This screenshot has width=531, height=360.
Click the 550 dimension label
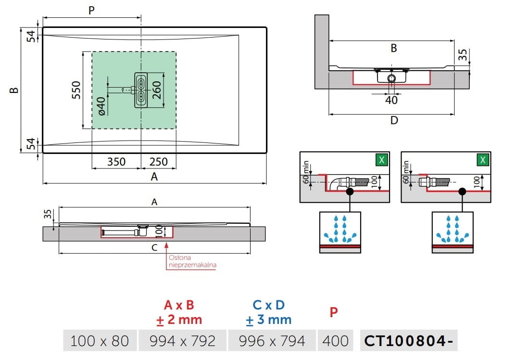pos(76,90)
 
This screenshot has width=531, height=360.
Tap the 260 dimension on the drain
pos(157,90)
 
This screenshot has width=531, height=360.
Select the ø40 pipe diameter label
pos(101,106)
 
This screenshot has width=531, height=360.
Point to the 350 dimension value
pos(116,162)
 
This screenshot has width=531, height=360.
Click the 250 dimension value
pos(159,162)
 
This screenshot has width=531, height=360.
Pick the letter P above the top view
pos(91,11)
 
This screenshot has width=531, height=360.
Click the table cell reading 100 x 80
pos(100,341)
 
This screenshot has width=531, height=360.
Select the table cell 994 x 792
pos(183,341)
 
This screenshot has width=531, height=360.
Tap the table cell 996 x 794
pos(272,341)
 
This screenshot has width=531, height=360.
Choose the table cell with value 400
pos(335,341)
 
